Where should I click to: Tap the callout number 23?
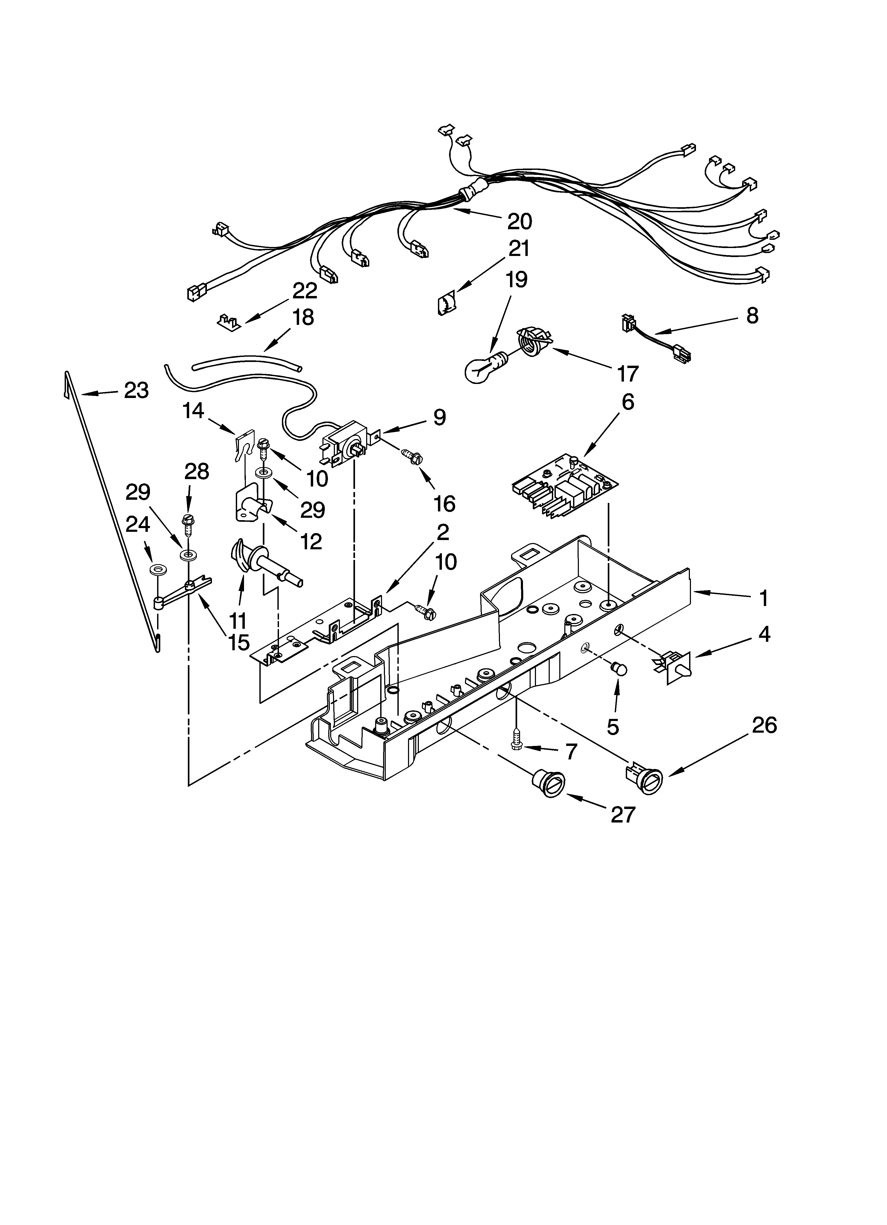(x=136, y=390)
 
